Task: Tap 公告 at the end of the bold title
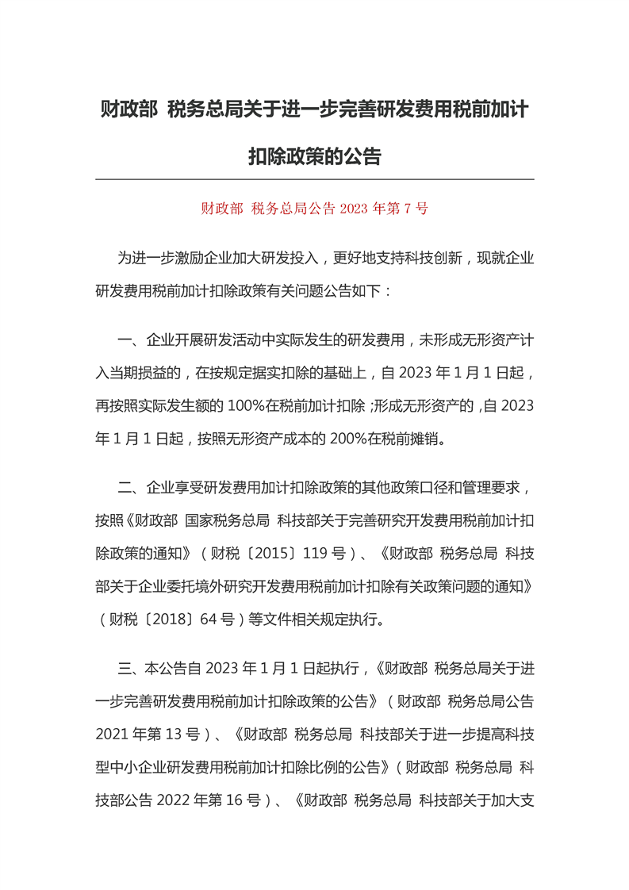click(x=362, y=156)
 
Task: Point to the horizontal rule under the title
click(x=314, y=179)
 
